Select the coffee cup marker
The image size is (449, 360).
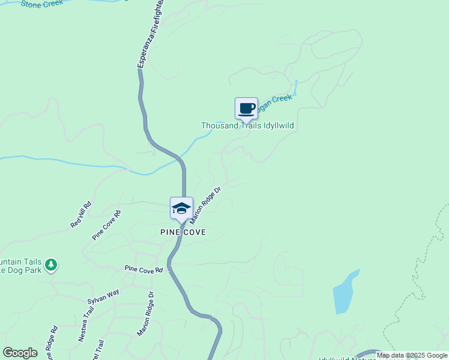click(246, 109)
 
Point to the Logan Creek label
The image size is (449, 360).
click(277, 100)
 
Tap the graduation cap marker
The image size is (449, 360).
click(181, 208)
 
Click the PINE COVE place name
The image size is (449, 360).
click(182, 232)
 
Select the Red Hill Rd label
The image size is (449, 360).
click(80, 214)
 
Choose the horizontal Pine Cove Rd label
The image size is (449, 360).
click(143, 270)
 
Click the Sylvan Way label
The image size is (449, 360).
click(104, 295)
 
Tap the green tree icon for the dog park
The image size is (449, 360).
click(51, 265)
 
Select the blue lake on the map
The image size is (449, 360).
click(345, 292)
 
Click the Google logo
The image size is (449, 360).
click(20, 353)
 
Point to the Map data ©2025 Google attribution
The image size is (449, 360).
click(412, 355)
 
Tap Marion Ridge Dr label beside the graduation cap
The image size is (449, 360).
click(206, 205)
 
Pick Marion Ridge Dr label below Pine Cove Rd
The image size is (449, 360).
click(146, 314)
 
